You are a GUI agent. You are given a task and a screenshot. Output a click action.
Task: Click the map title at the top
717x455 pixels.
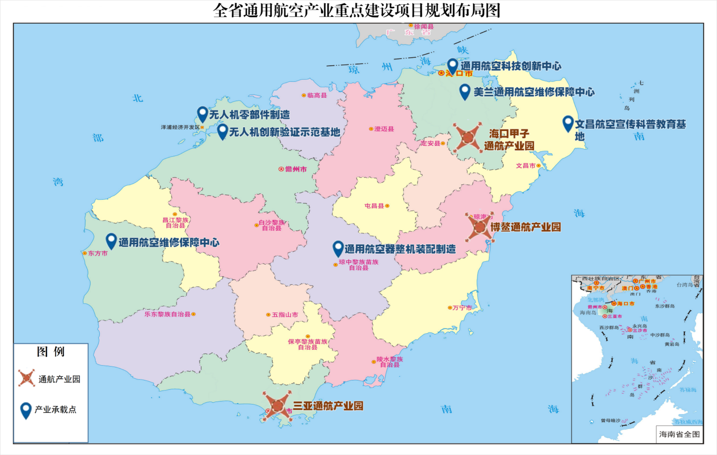tap(356, 11)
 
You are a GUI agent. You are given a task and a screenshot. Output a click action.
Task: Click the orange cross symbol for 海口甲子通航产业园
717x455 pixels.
tap(467, 137)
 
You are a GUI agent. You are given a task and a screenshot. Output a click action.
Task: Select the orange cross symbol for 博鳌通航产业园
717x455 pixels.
tap(480, 227)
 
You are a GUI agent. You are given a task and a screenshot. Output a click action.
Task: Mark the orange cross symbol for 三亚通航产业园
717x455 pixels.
tap(277, 406)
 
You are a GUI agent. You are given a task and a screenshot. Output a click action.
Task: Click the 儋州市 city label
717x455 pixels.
tap(296, 169)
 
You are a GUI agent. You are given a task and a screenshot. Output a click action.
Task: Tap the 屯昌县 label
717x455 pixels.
tap(374, 206)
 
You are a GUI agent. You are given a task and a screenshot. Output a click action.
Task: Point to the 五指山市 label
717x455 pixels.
tap(285, 315)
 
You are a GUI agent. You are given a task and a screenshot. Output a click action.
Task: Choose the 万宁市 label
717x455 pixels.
tap(462, 308)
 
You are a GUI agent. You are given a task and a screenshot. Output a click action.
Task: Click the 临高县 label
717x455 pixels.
tap(317, 95)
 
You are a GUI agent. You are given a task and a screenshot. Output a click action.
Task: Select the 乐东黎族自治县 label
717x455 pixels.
tap(167, 314)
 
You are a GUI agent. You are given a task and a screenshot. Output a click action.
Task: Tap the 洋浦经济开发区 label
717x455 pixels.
tap(180, 127)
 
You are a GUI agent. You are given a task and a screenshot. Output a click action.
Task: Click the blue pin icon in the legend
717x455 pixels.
tap(26, 410)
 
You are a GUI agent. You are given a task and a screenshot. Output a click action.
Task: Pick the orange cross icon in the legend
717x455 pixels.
tap(26, 378)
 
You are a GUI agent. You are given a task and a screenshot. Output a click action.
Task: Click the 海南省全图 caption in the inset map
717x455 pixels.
tap(679, 434)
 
